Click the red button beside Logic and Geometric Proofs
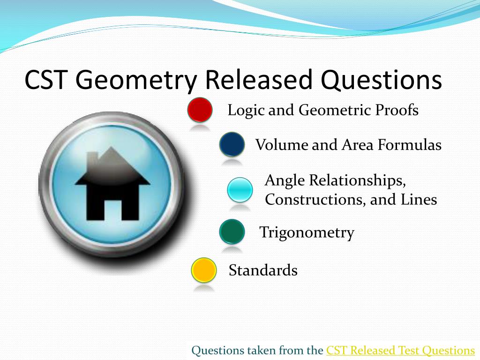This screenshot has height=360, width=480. click(x=200, y=110)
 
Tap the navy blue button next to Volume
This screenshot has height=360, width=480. click(x=232, y=144)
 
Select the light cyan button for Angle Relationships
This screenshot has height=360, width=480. click(x=240, y=190)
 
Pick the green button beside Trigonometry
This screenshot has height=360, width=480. click(x=232, y=232)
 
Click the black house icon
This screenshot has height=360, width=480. click(x=112, y=184)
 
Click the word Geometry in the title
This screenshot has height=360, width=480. click(x=136, y=80)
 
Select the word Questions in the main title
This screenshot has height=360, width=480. click(x=381, y=80)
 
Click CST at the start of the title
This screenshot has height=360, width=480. click(x=46, y=80)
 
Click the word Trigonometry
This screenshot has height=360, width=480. click(x=307, y=232)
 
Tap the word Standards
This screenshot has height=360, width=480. click(x=263, y=270)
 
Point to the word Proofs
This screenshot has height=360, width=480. click(x=397, y=110)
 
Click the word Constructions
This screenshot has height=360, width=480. click(x=315, y=200)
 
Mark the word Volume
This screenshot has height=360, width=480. click(x=282, y=144)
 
